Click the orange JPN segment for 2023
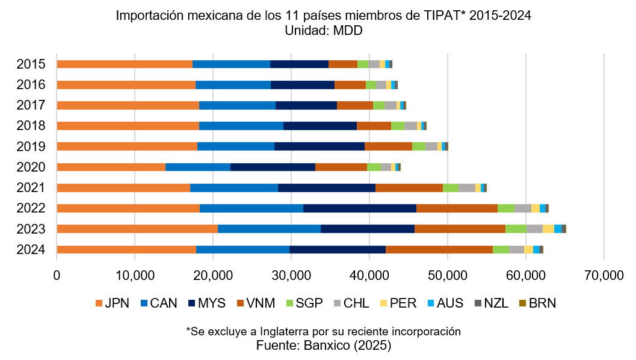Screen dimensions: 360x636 (137, 229)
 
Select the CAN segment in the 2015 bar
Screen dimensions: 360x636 (231, 64)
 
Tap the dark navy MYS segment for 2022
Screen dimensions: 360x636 (360, 208)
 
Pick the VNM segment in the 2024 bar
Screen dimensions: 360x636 (439, 249)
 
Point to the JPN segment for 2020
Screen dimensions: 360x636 (111, 167)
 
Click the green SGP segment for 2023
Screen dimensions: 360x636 (516, 229)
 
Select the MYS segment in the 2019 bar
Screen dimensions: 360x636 (320, 146)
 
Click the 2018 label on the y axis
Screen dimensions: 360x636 (31, 126)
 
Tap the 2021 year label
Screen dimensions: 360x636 (31, 188)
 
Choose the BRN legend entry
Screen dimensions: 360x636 (542, 303)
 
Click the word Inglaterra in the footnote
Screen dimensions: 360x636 (286, 332)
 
